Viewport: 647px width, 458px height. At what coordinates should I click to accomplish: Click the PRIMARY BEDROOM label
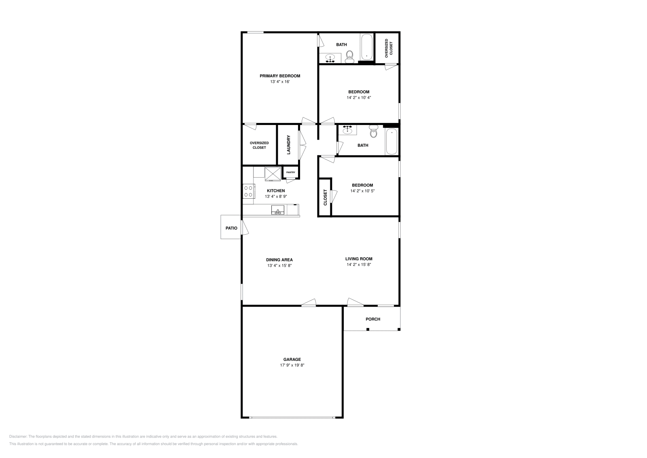coord(280,76)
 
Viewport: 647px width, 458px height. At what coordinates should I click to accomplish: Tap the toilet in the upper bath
coord(350,56)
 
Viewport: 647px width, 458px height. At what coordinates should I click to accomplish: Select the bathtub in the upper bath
coord(367,47)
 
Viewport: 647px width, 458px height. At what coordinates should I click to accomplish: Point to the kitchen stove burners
coord(248,191)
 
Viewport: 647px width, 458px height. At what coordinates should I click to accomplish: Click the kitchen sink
coord(278,210)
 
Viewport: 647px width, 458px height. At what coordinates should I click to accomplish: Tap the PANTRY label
coord(291,172)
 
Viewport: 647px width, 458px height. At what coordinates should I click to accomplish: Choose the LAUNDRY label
coord(288,144)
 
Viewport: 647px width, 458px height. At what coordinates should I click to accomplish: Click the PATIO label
coord(231,228)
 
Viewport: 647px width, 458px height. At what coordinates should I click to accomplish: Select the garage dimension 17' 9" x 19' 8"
coord(292,365)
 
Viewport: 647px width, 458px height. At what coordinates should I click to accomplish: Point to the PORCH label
coord(373,319)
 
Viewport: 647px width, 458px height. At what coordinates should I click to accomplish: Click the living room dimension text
coord(359,265)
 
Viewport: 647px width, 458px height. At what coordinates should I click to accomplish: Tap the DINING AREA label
coord(279,260)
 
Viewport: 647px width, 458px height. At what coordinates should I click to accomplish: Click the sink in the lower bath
coord(347,130)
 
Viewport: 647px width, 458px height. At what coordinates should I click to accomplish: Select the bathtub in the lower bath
coord(391,141)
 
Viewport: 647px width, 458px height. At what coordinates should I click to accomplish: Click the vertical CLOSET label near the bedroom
coord(325,197)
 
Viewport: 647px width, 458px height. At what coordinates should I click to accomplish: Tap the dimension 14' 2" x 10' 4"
coord(359,98)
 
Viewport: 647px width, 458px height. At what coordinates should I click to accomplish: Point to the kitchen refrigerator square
coord(273,174)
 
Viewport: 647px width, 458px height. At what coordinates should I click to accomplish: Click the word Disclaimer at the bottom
coord(18,437)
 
